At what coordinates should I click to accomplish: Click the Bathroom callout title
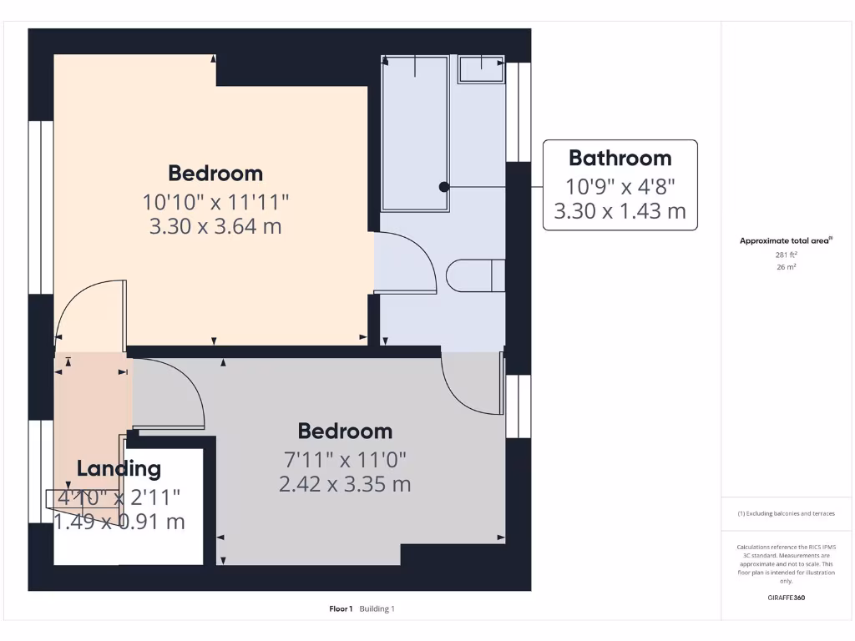[x=620, y=158]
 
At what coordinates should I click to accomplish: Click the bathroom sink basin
[x=481, y=68]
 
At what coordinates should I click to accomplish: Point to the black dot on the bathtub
[x=445, y=187]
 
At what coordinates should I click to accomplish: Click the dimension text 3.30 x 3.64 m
[x=215, y=226]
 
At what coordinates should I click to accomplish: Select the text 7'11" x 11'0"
[x=345, y=459]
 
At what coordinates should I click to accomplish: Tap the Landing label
[x=119, y=468]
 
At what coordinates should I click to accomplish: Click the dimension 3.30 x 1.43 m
[x=620, y=211]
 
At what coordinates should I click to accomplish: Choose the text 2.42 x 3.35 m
[x=345, y=484]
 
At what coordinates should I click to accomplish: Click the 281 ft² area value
[x=785, y=255]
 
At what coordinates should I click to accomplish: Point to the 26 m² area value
[x=785, y=267]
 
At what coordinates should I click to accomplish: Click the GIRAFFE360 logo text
[x=785, y=598]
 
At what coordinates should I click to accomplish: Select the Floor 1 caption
[x=341, y=608]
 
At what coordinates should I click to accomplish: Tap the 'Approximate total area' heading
[x=785, y=240]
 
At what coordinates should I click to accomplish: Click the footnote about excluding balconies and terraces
[x=785, y=513]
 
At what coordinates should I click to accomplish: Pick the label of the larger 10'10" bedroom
[x=215, y=173]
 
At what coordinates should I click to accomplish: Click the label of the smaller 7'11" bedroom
[x=345, y=431]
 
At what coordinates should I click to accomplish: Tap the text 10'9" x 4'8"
[x=620, y=185]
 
